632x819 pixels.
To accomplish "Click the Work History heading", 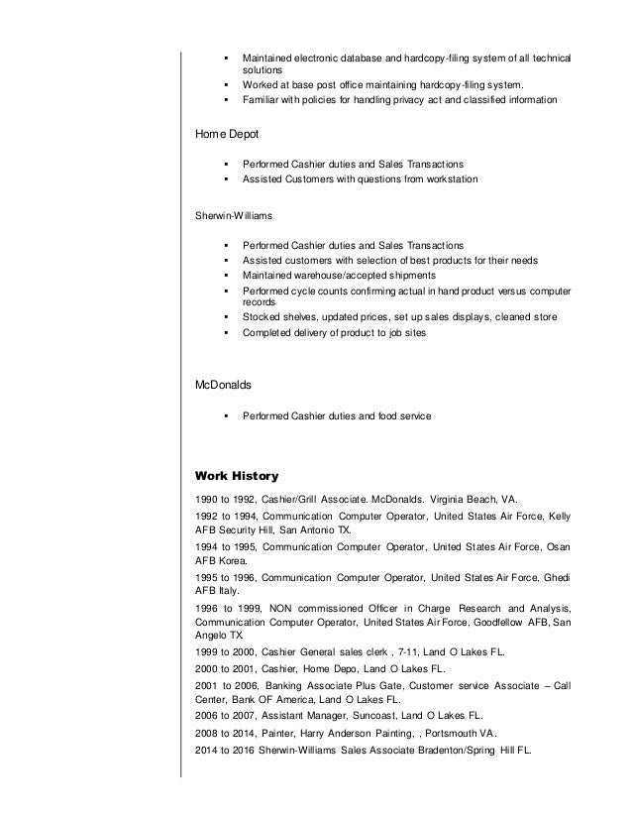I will [237, 475].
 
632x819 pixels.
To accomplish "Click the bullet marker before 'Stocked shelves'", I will [228, 317].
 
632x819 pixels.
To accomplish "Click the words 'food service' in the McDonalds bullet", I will [400, 417].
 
